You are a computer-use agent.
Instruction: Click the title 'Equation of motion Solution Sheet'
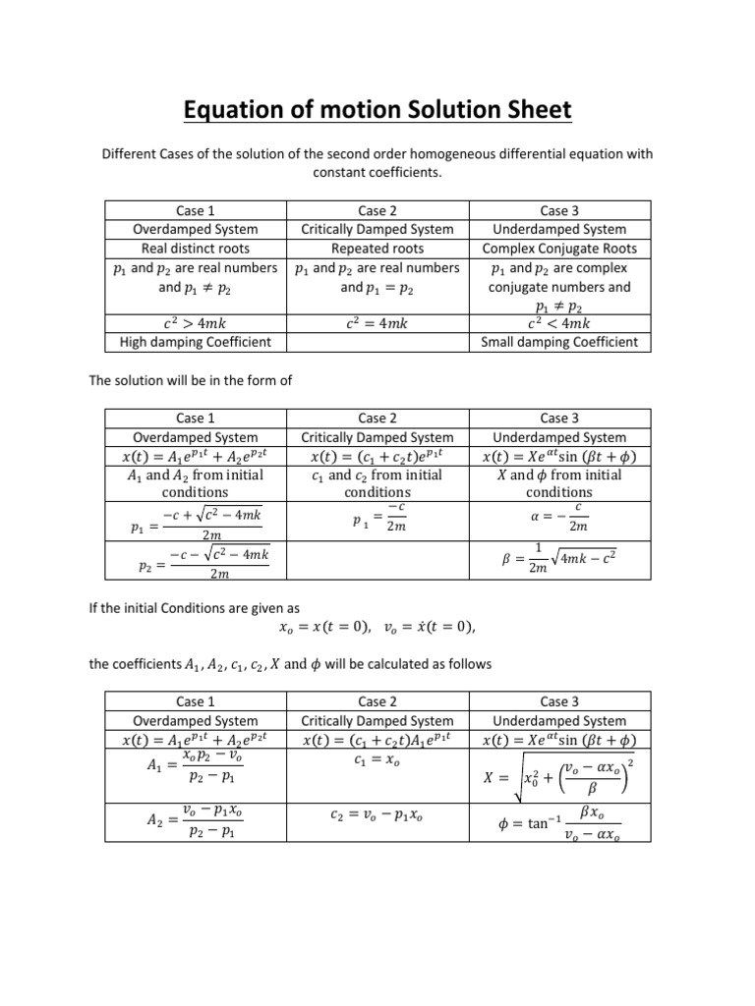pyautogui.click(x=377, y=110)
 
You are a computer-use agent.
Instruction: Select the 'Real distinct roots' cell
pyautogui.click(x=195, y=249)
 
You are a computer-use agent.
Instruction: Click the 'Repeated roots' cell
pyautogui.click(x=377, y=249)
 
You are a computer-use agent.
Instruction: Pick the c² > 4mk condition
pyautogui.click(x=195, y=323)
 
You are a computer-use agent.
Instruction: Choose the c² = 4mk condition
pyautogui.click(x=377, y=323)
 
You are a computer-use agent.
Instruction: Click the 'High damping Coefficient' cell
pyautogui.click(x=195, y=342)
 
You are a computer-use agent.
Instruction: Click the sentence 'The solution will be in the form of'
pyautogui.click(x=191, y=380)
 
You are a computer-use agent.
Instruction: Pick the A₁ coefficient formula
pyautogui.click(x=196, y=765)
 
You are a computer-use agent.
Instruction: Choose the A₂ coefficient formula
pyautogui.click(x=196, y=819)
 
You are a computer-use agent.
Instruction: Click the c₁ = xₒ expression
pyautogui.click(x=377, y=758)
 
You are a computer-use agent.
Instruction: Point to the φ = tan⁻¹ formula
pyautogui.click(x=560, y=821)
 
